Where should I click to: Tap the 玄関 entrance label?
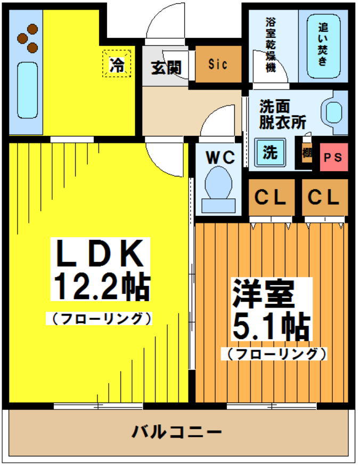pos(166,68)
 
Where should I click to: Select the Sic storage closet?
pos(218,65)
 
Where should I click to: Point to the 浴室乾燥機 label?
pos(271,46)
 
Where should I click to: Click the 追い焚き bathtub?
pos(323,46)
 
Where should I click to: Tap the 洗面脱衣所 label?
pos(282,114)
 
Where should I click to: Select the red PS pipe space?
pos(333,157)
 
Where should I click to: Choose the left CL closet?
pos(271,198)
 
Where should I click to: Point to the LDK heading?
pos(100,254)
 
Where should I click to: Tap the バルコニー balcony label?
pos(177,431)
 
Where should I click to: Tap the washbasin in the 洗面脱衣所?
pos(334,112)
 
